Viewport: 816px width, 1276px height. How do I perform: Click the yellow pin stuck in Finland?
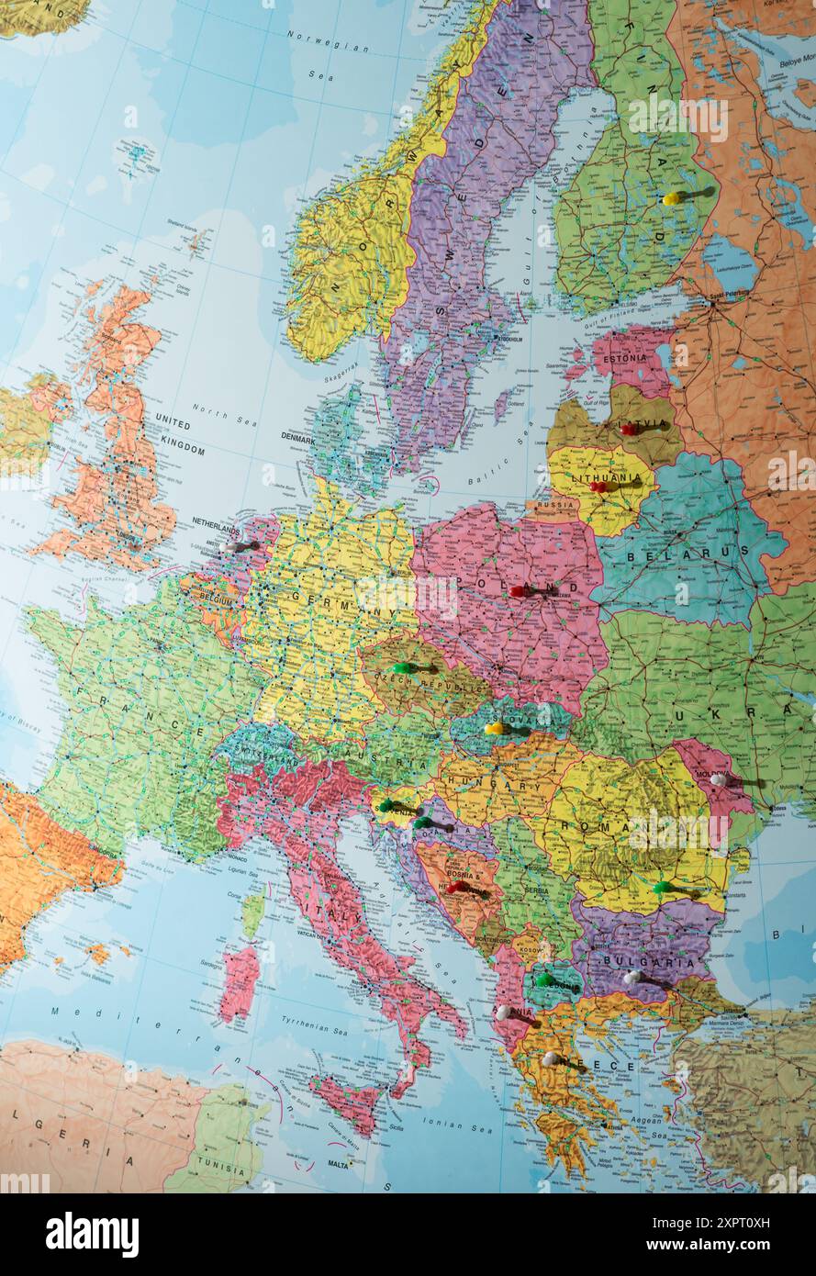click(x=672, y=198)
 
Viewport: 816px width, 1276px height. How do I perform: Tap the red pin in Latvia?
click(x=628, y=429)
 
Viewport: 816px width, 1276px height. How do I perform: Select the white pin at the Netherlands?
click(x=229, y=547)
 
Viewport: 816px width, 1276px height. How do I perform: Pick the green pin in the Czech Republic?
click(x=401, y=667)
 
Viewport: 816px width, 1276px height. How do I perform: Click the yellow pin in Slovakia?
click(x=493, y=729)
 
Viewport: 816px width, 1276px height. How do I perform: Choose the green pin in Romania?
click(x=661, y=887)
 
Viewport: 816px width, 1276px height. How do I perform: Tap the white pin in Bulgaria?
click(x=631, y=978)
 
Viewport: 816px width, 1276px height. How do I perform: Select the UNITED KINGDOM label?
click(x=180, y=433)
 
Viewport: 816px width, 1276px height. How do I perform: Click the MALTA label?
click(x=338, y=1164)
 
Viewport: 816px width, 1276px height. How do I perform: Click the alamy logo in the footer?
click(x=92, y=1235)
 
